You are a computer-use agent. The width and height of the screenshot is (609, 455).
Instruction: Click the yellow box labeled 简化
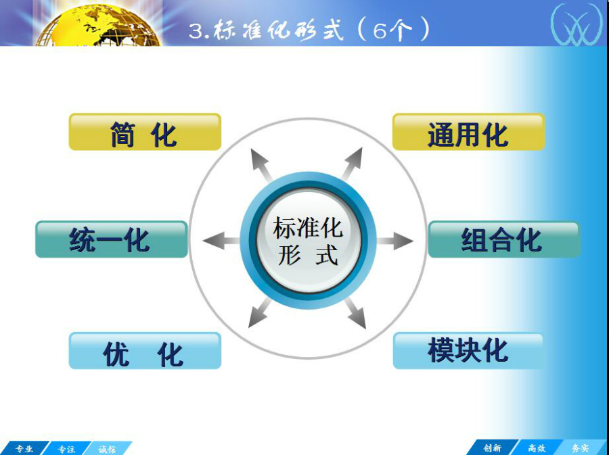click(x=145, y=132)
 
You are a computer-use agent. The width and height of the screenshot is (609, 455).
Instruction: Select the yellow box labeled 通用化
click(x=468, y=132)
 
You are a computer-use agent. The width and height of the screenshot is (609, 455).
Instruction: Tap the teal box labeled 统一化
click(x=112, y=239)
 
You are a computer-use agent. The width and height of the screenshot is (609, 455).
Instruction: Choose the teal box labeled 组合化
click(x=503, y=239)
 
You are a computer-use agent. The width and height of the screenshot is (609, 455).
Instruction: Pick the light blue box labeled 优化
click(x=145, y=351)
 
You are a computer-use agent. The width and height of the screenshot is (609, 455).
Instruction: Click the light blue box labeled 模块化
click(x=468, y=351)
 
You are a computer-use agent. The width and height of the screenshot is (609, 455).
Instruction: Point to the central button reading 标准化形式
click(x=309, y=241)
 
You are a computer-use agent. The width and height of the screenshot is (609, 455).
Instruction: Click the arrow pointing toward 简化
click(x=261, y=164)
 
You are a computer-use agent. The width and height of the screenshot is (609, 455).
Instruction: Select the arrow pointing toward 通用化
click(x=353, y=164)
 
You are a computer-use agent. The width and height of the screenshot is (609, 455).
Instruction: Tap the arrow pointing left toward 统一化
click(x=221, y=241)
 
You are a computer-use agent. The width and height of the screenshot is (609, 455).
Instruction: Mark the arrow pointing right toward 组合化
click(x=394, y=241)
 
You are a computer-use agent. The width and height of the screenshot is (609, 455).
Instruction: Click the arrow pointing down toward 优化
click(x=260, y=312)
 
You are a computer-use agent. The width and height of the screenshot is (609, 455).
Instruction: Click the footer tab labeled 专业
click(x=24, y=448)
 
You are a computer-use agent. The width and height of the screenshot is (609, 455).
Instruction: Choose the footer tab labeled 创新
click(x=493, y=448)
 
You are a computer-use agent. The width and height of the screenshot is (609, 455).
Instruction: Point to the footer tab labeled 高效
click(x=537, y=448)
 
